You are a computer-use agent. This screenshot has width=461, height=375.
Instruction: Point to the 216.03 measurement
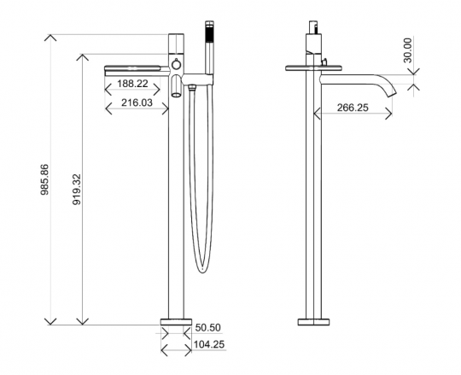137,102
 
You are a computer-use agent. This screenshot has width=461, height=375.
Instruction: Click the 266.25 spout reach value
353,108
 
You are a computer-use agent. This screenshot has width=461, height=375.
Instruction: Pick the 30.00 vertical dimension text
408,50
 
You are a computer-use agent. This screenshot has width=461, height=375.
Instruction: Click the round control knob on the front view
175,65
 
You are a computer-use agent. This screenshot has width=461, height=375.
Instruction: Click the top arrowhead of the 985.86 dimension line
51,37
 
